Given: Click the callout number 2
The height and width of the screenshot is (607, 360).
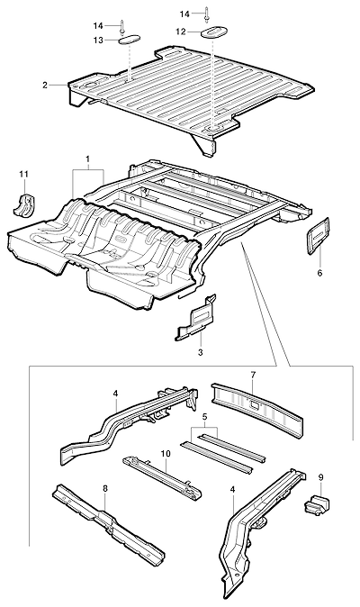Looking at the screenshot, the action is pyautogui.click(x=45, y=85).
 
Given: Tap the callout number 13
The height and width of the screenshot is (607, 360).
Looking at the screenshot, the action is pyautogui.click(x=99, y=40).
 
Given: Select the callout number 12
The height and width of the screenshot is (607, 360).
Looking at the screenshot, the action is pyautogui.click(x=181, y=32).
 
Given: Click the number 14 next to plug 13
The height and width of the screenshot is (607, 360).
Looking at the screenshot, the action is pyautogui.click(x=98, y=26).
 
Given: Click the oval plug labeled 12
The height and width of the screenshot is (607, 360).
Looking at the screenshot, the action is pyautogui.click(x=213, y=32).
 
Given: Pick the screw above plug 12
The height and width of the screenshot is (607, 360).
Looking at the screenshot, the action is pyautogui.click(x=207, y=14).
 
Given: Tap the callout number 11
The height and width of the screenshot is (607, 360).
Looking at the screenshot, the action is pyautogui.click(x=24, y=174).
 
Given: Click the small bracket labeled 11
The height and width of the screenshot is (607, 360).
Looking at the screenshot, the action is pyautogui.click(x=24, y=204).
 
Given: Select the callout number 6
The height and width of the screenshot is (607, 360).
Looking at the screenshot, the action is pyautogui.click(x=319, y=273).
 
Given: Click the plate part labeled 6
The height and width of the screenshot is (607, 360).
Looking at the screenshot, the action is pyautogui.click(x=318, y=236).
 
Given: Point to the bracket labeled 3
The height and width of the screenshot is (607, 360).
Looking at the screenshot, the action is pyautogui.click(x=196, y=319).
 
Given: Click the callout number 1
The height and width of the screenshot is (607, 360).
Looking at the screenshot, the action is pyautogui.click(x=88, y=159).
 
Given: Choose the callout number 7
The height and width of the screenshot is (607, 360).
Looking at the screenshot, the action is pyautogui.click(x=253, y=375).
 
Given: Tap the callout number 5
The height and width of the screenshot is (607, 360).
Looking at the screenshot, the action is pyautogui.click(x=205, y=417).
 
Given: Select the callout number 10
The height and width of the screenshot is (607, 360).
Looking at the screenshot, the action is pyautogui.click(x=166, y=454).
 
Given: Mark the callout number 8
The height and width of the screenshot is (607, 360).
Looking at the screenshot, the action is pyautogui.click(x=105, y=488).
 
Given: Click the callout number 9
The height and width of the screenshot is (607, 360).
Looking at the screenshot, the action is pyautogui.click(x=320, y=477).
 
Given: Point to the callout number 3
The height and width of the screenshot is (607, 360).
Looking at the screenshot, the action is pyautogui.click(x=201, y=352).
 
